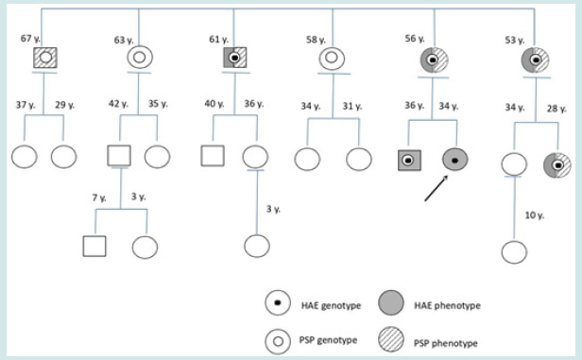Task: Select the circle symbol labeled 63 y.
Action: click(139, 58)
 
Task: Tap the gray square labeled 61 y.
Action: click(231, 58)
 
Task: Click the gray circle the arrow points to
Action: click(456, 160)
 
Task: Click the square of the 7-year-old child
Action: click(93, 246)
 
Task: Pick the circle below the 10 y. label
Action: click(513, 252)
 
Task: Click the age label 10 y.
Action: click(535, 215)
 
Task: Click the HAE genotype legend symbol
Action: click(278, 302)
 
